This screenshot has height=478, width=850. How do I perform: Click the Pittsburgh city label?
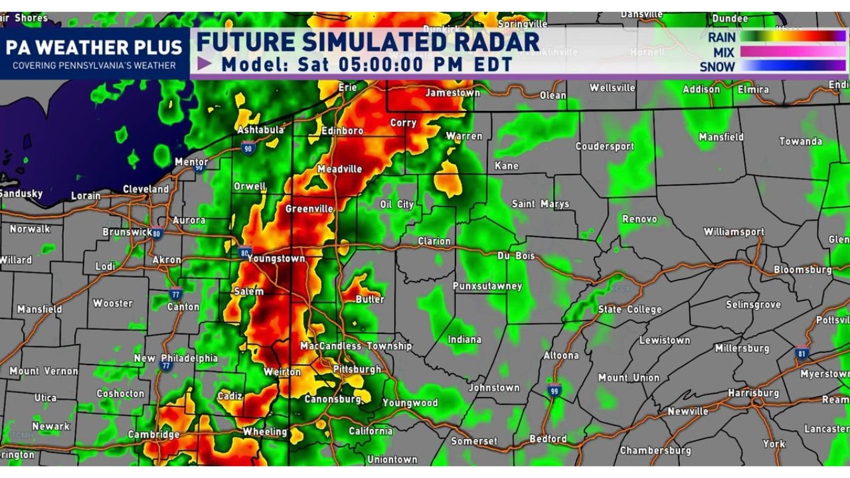[357, 369]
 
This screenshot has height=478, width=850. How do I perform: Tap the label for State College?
[630, 309]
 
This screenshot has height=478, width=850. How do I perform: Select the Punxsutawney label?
[487, 286]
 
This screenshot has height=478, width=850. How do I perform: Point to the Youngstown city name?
[276, 259]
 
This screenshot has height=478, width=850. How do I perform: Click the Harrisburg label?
[752, 393]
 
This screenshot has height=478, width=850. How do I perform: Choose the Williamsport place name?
[734, 232]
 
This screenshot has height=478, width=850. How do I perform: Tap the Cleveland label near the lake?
[146, 189]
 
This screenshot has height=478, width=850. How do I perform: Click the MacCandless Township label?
[356, 346]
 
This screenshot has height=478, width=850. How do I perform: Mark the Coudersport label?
[604, 146]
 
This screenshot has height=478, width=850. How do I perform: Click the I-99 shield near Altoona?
[554, 390]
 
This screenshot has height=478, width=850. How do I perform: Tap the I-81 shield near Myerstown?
[802, 354]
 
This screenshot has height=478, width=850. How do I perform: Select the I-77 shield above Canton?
[175, 293]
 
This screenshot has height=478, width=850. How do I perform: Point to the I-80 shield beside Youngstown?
[244, 252]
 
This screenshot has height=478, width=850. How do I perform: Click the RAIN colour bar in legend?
[793, 37]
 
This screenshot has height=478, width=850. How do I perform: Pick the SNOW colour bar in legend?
[793, 66]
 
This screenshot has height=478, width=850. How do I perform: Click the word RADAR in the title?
[487, 42]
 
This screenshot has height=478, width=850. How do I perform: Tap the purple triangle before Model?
[205, 64]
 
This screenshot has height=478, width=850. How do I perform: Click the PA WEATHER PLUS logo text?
[94, 48]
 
